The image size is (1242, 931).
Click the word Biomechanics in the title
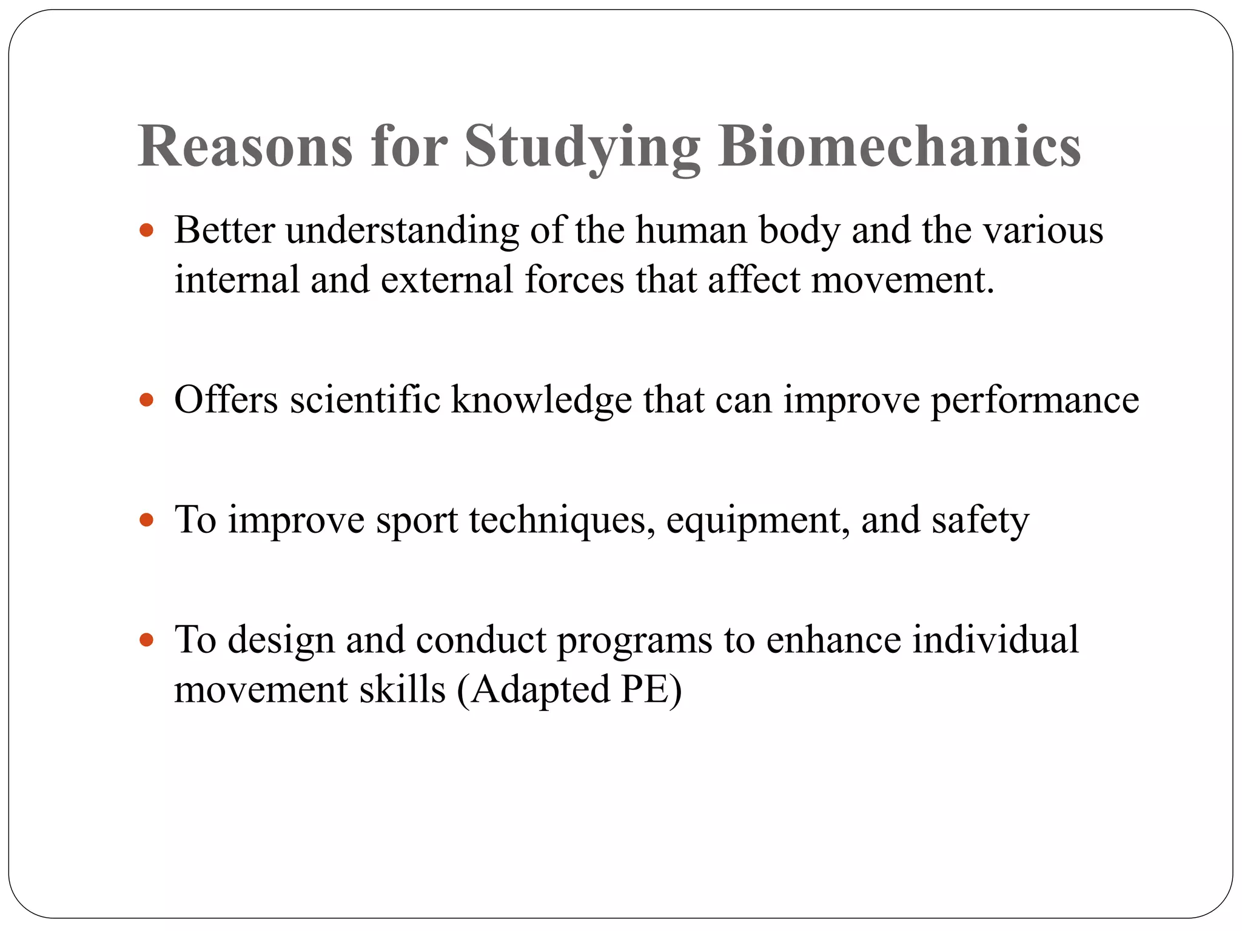(899, 147)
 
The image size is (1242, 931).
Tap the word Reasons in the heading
(245, 147)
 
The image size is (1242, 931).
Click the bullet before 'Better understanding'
(146, 231)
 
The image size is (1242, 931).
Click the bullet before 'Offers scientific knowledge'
(146, 400)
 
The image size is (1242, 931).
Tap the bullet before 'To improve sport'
(146, 520)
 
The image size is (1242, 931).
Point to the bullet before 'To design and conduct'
(146, 640)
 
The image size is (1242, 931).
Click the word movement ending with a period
(902, 280)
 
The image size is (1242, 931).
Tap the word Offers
(226, 400)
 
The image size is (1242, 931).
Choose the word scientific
(364, 400)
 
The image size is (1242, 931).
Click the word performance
(1035, 400)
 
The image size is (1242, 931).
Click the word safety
(980, 520)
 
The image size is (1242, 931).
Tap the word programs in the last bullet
(634, 640)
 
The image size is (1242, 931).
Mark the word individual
(995, 640)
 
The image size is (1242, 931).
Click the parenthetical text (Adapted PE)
(569, 690)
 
